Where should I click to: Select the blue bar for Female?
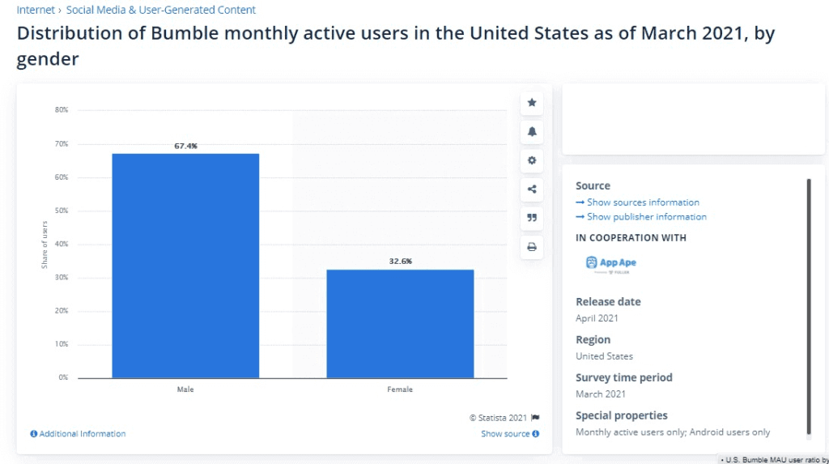click(x=400, y=323)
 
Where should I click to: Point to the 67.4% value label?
click(x=185, y=146)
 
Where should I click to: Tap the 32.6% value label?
click(x=400, y=262)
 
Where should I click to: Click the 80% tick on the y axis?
click(x=62, y=110)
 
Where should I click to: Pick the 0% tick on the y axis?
click(x=63, y=377)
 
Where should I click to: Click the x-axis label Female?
click(x=400, y=390)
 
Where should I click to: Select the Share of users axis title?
click(x=45, y=245)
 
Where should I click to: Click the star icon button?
click(x=532, y=103)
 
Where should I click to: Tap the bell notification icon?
click(x=532, y=131)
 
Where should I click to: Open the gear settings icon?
click(x=532, y=160)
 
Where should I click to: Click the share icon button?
click(x=532, y=189)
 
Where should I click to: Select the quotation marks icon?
click(x=532, y=218)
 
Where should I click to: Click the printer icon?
click(x=532, y=247)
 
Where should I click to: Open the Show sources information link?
click(x=638, y=202)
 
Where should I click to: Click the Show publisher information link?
click(x=641, y=217)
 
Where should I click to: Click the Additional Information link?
click(x=78, y=434)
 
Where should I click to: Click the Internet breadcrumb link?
click(x=36, y=10)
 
